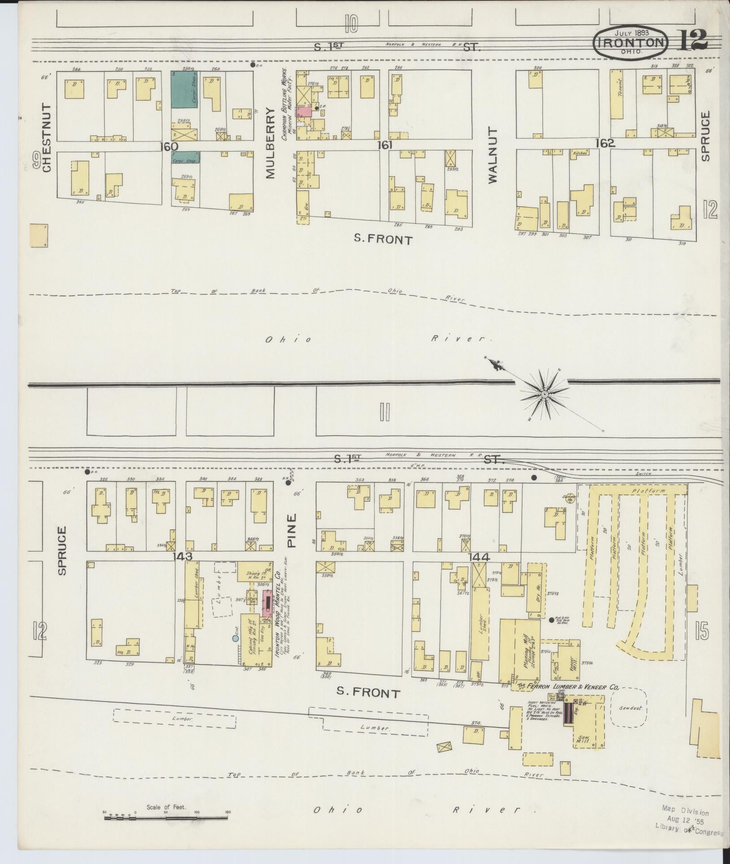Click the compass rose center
(544, 394)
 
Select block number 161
(385, 145)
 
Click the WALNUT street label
(493, 155)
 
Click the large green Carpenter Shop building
(185, 88)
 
